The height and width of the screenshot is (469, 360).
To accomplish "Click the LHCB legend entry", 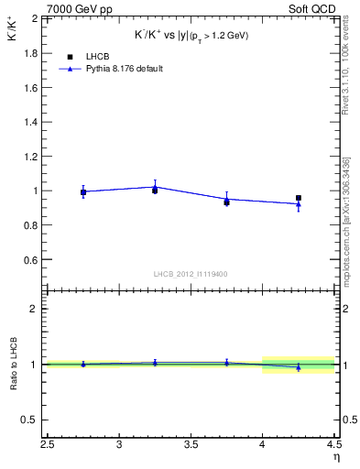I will click(100, 57).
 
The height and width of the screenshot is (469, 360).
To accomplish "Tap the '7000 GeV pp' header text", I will click(80, 8).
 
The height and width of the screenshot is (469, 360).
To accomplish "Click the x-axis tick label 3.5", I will click(191, 446).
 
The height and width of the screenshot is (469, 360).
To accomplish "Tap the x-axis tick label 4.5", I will click(333, 446).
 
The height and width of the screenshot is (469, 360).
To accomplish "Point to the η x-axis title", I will click(336, 458).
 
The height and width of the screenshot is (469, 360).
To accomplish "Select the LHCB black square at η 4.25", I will click(299, 198).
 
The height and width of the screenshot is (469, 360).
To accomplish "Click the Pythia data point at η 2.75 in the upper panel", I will click(83, 191).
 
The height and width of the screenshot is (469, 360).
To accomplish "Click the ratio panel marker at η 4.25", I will click(299, 366).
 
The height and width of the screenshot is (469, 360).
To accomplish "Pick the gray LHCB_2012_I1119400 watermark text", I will click(192, 274).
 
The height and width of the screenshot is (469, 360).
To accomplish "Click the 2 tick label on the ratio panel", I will click(34, 309).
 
